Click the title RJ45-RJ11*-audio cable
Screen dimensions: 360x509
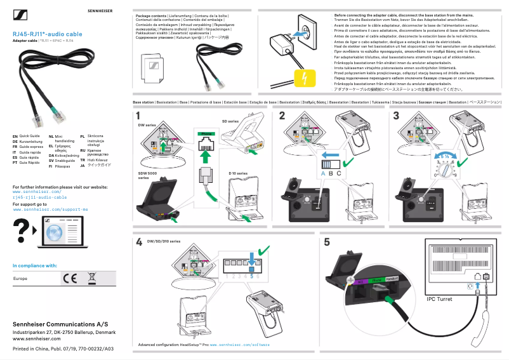pos(48,33)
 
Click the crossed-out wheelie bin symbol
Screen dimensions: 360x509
pos(91,278)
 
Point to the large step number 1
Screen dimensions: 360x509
pos(138,116)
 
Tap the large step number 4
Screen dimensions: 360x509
pos(139,242)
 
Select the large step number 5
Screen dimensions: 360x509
pos(326,242)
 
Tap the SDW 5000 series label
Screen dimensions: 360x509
pos(147,176)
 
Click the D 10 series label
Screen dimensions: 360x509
pos(238,173)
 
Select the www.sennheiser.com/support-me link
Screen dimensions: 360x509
pos(50,209)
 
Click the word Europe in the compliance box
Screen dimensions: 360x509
pos(20,278)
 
